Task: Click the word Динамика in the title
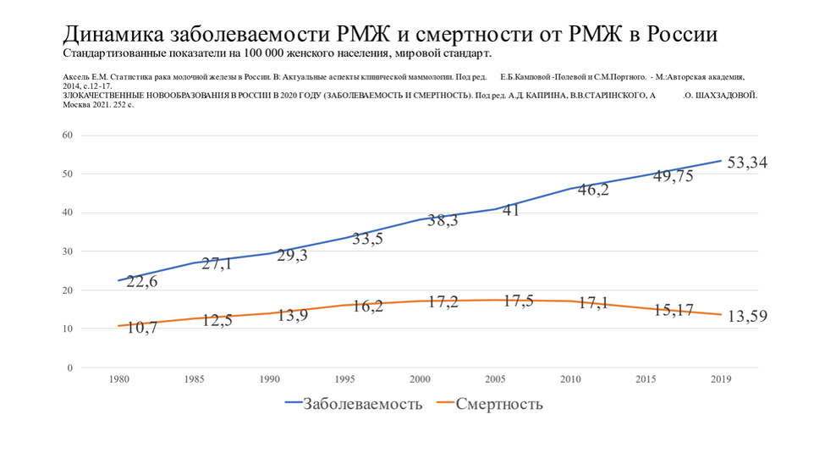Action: (114, 35)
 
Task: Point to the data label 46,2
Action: (595, 190)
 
